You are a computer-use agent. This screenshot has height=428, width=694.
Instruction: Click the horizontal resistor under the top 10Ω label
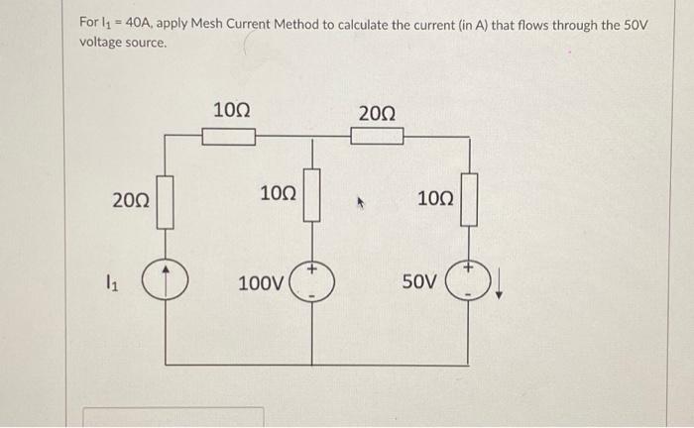(x=229, y=137)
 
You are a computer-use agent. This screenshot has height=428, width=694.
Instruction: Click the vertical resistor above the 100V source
(x=313, y=195)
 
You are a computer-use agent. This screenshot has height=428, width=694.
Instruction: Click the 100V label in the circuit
(x=260, y=283)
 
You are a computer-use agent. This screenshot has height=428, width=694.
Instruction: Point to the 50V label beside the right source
(x=418, y=282)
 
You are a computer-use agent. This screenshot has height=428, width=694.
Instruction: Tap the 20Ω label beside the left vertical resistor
(x=130, y=201)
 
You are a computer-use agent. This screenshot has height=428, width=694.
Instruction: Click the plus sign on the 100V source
(x=313, y=269)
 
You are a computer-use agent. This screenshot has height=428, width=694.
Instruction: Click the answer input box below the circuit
(x=173, y=416)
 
